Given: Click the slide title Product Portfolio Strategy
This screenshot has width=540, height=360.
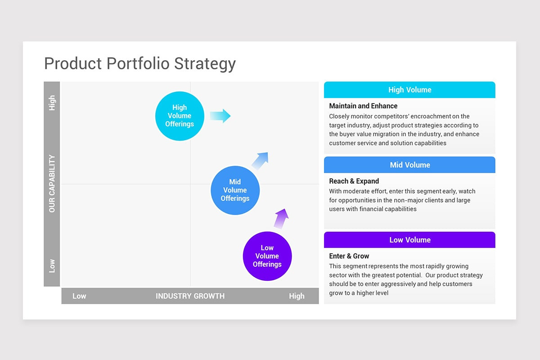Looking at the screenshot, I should click(x=139, y=63).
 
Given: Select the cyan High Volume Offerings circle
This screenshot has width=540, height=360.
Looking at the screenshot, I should click(x=180, y=116).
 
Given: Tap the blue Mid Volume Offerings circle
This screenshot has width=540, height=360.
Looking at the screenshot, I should click(x=235, y=190).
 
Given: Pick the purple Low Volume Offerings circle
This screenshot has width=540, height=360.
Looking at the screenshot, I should click(x=267, y=256).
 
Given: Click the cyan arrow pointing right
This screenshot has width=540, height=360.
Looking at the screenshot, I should click(x=220, y=116).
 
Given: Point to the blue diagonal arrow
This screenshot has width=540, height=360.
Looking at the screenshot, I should click(x=261, y=160).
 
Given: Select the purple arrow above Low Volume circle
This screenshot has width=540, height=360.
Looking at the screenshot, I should click(x=281, y=219).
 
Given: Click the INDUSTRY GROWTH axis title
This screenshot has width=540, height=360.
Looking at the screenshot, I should click(x=190, y=296).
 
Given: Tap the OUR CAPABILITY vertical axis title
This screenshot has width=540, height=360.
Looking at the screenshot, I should click(x=52, y=184).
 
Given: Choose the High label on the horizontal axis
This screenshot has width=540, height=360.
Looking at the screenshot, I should click(x=297, y=296).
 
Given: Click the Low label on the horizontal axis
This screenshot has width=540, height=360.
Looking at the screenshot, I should click(x=79, y=296).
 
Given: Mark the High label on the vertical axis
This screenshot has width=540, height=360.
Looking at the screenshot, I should click(x=52, y=103).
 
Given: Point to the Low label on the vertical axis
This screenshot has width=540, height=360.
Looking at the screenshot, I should click(x=52, y=265).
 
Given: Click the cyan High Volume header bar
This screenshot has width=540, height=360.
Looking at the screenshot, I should click(x=409, y=90).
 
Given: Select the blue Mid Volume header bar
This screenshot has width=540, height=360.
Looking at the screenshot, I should click(x=409, y=165).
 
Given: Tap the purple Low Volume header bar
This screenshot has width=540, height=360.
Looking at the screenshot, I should click(x=409, y=240).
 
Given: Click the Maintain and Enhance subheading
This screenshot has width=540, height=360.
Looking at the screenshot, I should click(x=363, y=106).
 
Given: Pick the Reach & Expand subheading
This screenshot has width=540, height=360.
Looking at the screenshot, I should click(x=354, y=181).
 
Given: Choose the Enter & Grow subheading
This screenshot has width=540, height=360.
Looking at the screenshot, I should click(x=349, y=256).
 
